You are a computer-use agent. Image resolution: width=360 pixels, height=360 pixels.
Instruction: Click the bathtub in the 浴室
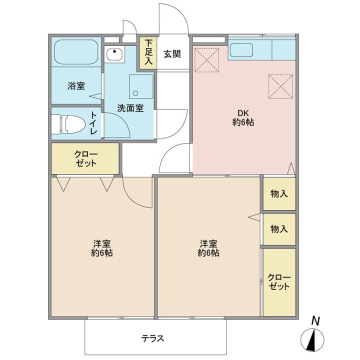coord(76,52)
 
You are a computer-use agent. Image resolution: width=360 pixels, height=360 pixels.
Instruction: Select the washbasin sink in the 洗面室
coord(115,54)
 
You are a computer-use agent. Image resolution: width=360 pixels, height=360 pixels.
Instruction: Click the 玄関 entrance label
coord(172,54)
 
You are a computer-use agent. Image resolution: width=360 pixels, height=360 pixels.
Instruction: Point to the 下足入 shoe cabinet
coord(148,52)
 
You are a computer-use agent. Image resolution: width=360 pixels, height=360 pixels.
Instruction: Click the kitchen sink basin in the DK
coord(241,50)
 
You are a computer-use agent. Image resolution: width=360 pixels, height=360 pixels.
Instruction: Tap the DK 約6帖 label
coord(243,117)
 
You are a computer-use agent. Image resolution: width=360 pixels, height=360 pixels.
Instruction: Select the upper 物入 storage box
coord(279,194)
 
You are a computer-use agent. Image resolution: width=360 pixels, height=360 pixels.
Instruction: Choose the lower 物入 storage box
coord(279,229)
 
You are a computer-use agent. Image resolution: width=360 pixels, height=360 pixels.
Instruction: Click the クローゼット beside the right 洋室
coord(279,282)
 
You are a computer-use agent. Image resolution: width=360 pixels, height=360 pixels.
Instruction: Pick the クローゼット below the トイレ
coord(85,158)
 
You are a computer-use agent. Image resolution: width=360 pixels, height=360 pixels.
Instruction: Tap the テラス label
coord(153,338)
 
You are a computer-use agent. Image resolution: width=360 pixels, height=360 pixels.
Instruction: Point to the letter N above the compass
coord(315,321)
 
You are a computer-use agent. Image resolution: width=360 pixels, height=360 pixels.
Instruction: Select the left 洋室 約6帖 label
coord(101,248)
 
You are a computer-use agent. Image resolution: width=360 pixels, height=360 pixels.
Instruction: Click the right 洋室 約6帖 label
coord(208,248)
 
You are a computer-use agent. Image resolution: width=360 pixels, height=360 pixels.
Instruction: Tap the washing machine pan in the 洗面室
coord(140,86)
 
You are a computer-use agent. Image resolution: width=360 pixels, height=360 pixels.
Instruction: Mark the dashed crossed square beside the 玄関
coord(206,60)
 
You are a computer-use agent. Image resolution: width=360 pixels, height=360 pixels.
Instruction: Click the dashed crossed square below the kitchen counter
coord(280,86)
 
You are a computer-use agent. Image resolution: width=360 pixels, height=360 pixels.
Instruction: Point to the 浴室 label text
coord(76,86)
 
